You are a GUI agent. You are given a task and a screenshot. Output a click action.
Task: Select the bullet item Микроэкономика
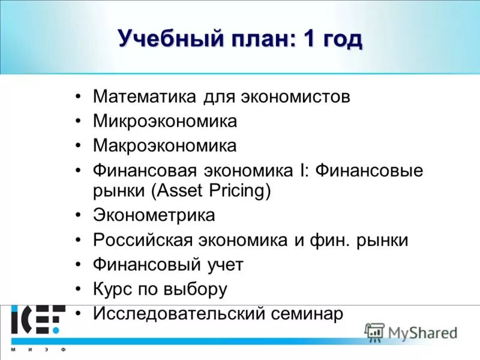coord(165,121)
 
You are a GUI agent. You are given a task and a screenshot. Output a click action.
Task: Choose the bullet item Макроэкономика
coord(165,145)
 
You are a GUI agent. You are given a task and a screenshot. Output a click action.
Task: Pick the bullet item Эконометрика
coord(154,215)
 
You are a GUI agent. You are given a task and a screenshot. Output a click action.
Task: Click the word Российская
coord(142,240)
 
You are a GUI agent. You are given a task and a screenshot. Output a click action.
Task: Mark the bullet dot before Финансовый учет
coord(79,265)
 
